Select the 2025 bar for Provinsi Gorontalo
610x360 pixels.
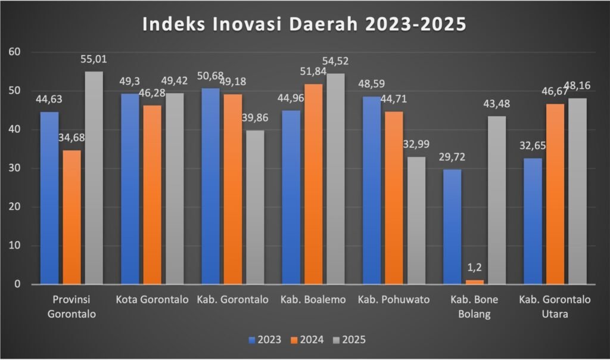tap(94, 178)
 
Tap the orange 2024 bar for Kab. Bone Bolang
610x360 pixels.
tap(475, 281)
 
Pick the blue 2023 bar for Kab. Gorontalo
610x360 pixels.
tap(211, 186)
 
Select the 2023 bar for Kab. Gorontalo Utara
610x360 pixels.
tap(532, 221)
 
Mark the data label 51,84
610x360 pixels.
tap(314, 73)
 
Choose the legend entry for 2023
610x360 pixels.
tap(265, 340)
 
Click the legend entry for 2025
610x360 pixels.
tap(348, 340)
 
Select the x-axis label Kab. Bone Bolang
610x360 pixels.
tap(475, 306)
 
